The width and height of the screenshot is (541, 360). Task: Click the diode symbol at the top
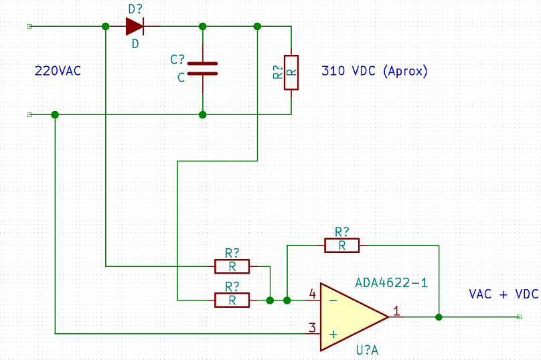tap(135, 26)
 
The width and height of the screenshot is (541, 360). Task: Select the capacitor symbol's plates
tap(202, 69)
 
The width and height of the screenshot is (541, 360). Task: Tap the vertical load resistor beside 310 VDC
tap(291, 72)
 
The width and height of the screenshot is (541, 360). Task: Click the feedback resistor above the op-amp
tap(342, 246)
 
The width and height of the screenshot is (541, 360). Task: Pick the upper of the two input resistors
tap(232, 266)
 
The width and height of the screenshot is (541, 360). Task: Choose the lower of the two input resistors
tap(232, 300)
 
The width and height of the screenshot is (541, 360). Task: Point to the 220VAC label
tap(58, 71)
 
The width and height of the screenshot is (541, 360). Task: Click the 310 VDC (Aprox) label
tap(374, 71)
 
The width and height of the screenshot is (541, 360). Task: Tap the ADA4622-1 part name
tap(391, 283)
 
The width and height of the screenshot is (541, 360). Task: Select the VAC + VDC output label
tap(504, 294)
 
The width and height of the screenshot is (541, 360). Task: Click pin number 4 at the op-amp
tap(313, 294)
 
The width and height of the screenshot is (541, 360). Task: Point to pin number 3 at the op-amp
tap(312, 328)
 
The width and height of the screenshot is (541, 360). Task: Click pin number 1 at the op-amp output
tap(397, 311)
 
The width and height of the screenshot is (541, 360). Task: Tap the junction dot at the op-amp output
tap(439, 317)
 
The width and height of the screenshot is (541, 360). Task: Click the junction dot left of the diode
tap(106, 26)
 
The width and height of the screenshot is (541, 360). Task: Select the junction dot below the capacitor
tap(202, 114)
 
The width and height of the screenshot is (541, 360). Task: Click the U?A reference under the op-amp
tap(367, 351)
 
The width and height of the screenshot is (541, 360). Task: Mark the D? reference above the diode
tap(135, 9)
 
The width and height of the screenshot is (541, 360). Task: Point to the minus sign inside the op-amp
tap(333, 300)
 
